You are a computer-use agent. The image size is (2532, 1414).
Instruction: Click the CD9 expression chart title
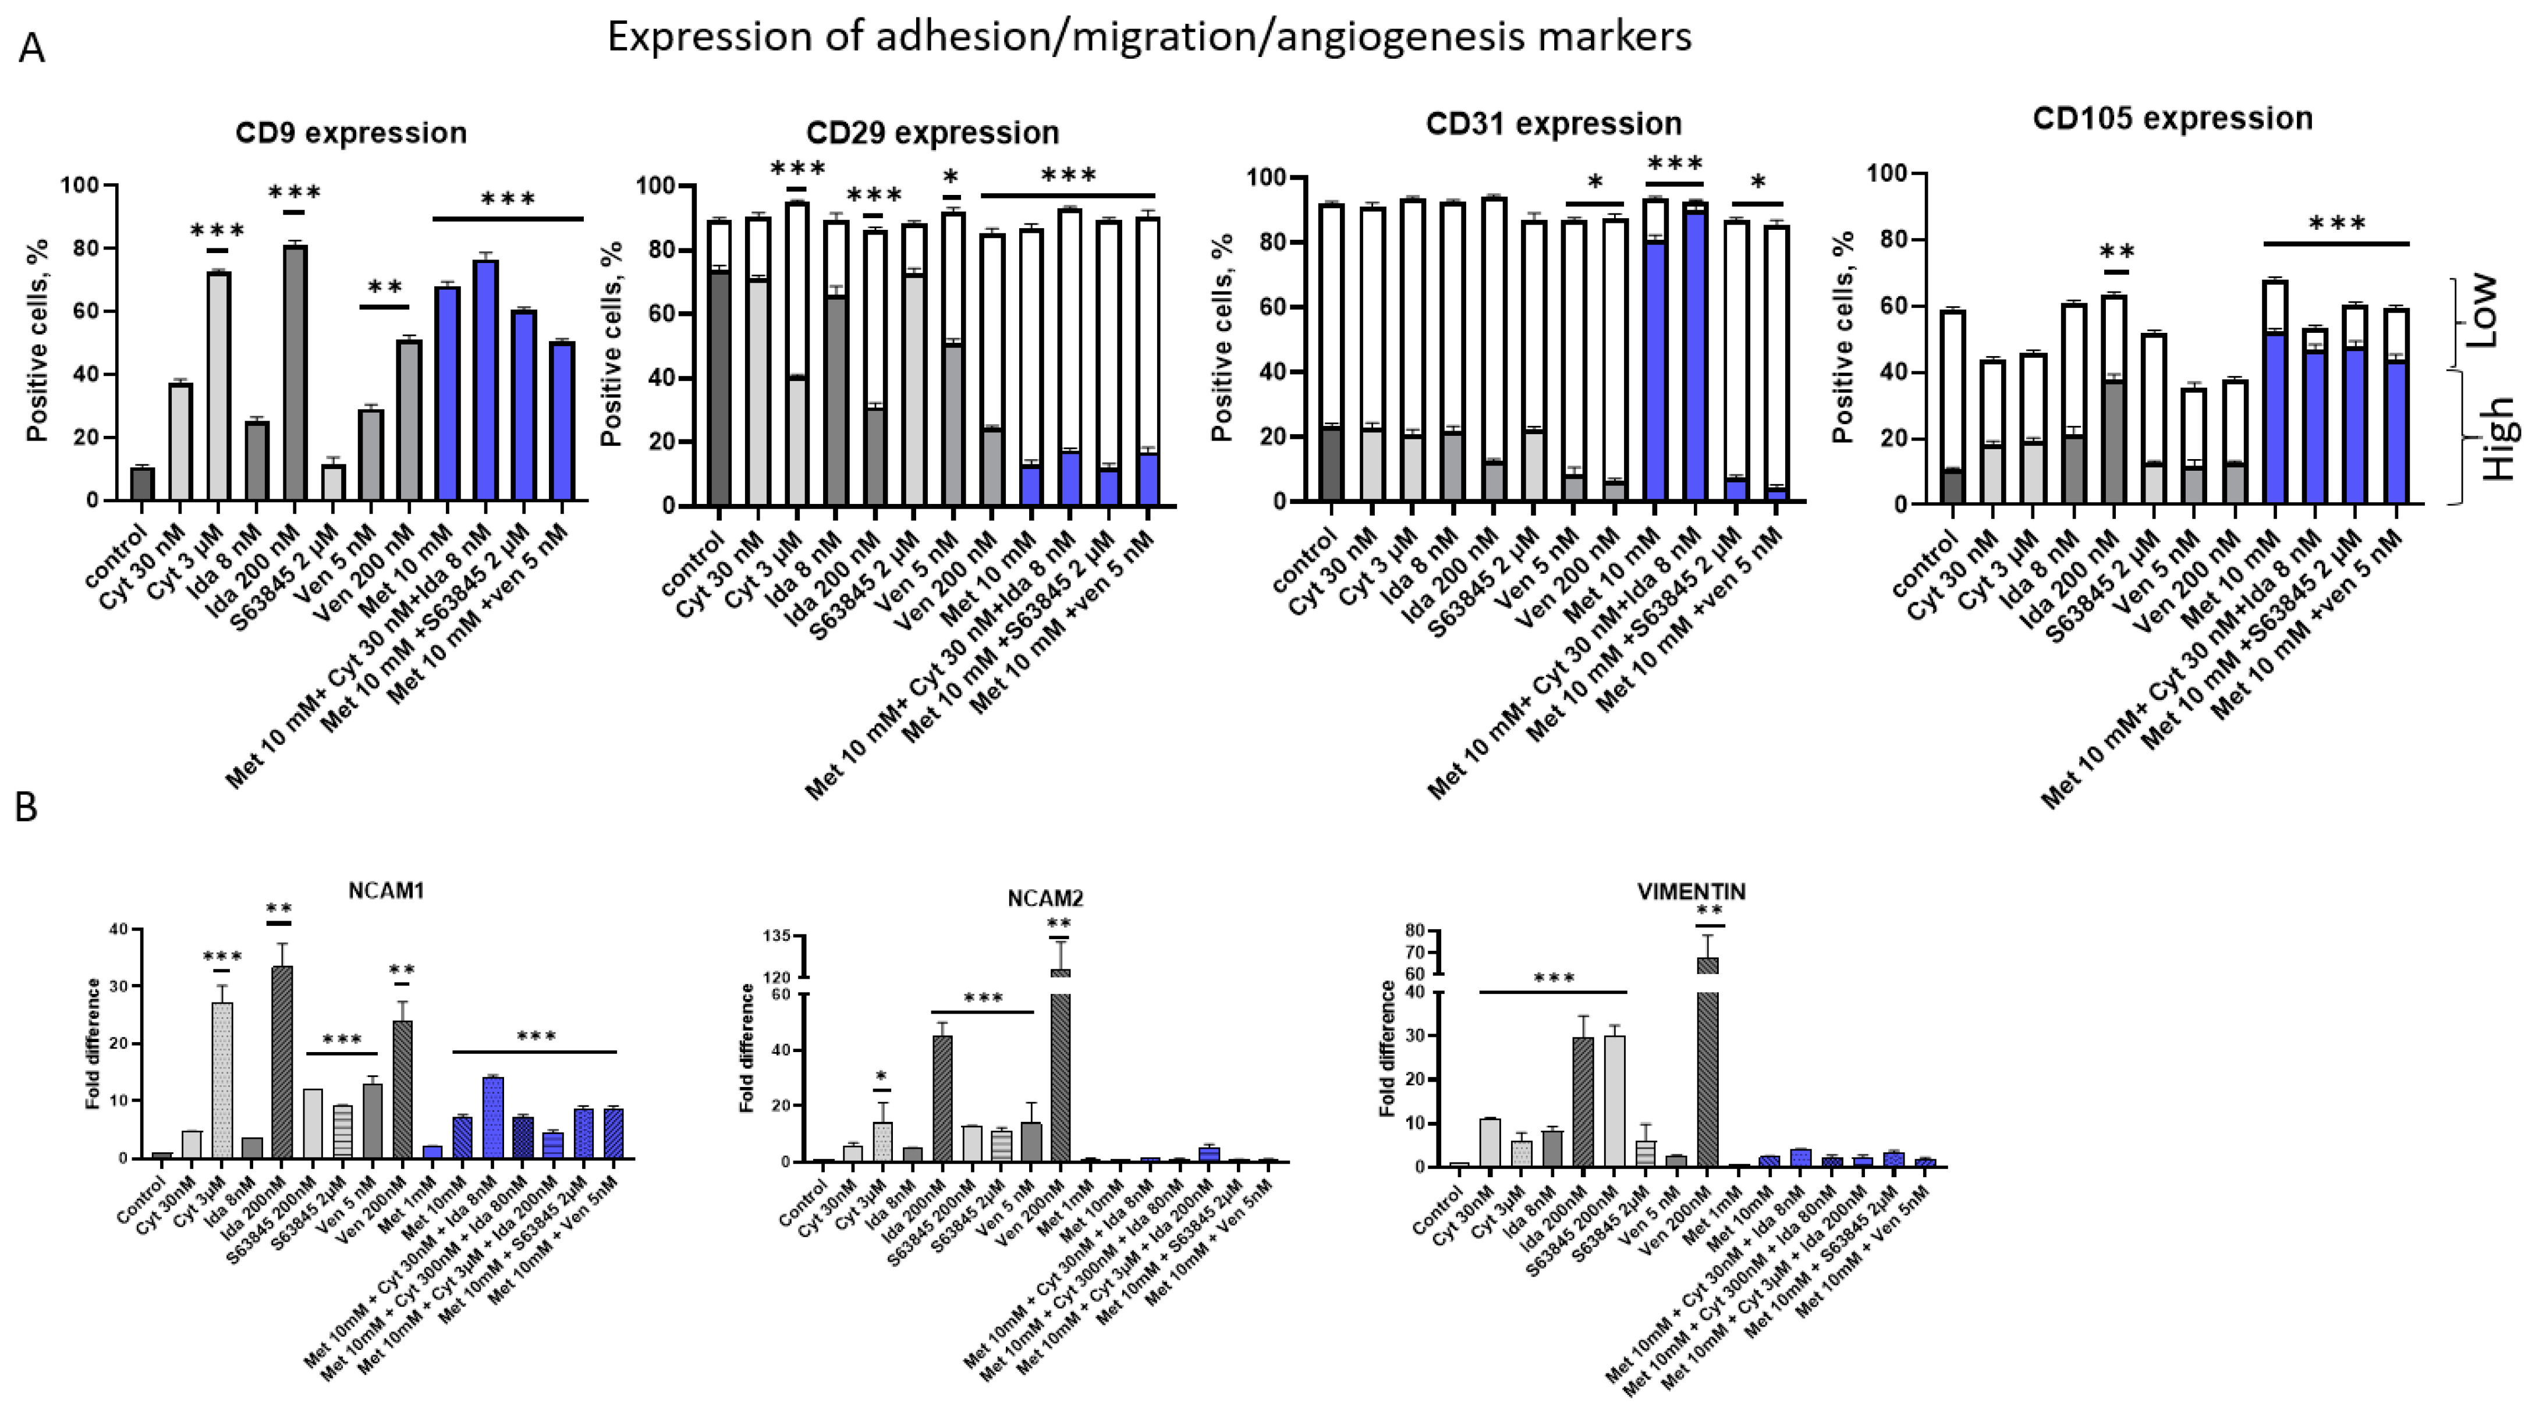pyautogui.click(x=351, y=133)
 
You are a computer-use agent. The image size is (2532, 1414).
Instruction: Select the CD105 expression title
pyautogui.click(x=2172, y=119)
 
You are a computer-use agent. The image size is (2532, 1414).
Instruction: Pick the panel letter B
pyautogui.click(x=27, y=807)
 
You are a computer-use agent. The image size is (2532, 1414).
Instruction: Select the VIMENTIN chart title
pyautogui.click(x=1691, y=892)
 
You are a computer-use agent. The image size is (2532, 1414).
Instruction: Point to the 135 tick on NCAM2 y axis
pyautogui.click(x=776, y=936)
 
